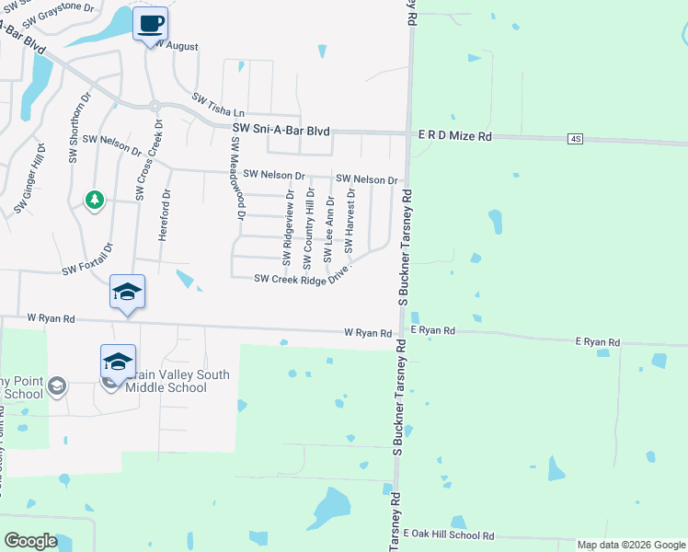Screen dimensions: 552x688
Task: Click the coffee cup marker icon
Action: [150, 24]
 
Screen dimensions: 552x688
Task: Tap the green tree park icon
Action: [94, 199]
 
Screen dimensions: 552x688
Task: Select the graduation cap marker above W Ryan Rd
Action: [127, 292]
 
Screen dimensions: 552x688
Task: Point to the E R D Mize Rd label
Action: [455, 135]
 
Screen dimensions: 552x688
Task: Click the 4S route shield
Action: [576, 139]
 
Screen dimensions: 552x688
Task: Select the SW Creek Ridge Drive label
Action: [303, 279]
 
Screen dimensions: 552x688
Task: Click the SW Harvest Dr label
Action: [350, 222]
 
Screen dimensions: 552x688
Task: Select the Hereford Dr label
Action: [166, 214]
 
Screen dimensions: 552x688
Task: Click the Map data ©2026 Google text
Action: [630, 545]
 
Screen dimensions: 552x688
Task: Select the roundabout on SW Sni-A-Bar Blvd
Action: [155, 106]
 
